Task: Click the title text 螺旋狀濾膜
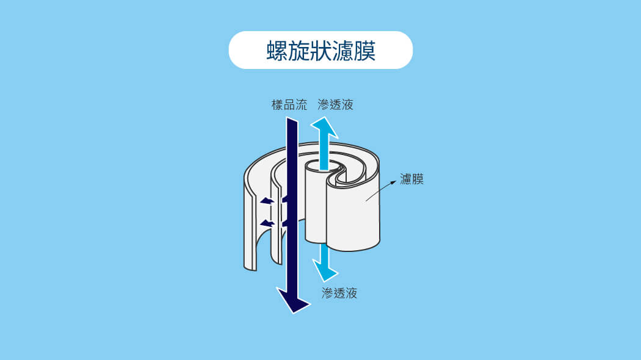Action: [x=320, y=51]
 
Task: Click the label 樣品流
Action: [x=289, y=104]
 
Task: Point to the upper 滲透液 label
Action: [x=335, y=104]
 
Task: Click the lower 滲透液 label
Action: [x=339, y=293]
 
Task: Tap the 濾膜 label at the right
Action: [x=411, y=179]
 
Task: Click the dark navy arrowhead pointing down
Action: [x=292, y=300]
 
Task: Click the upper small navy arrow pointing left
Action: [x=267, y=201]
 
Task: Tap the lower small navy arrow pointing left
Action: [x=267, y=223]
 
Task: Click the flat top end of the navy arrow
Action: [x=292, y=120]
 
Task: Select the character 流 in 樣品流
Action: [x=302, y=104]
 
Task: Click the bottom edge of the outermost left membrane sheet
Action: [x=250, y=267]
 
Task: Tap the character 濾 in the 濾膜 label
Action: [x=405, y=179]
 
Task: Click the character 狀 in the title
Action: [x=320, y=51]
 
